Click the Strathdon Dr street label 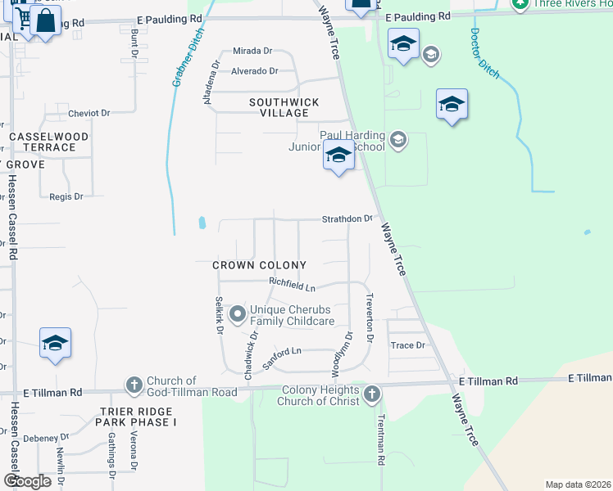coord(347,219)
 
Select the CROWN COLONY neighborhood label coord(259,265)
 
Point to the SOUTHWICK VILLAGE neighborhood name coord(284,107)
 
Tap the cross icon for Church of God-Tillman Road coord(134,384)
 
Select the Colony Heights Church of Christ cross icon coord(371,394)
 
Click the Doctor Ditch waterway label coord(484,54)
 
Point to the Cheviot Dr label coord(89,113)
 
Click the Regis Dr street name coord(66,196)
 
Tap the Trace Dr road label coord(407,345)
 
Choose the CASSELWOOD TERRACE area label coord(43,142)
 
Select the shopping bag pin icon coord(46,20)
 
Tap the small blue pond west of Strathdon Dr coord(202,223)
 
